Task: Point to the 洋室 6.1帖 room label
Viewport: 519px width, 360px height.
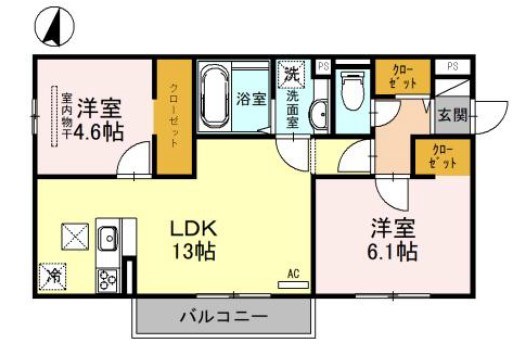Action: tap(391, 238)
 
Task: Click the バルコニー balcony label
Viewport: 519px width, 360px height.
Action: tap(223, 318)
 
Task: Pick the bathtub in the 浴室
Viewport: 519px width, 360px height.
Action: tap(214, 97)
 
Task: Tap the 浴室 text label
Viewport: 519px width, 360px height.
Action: tap(251, 99)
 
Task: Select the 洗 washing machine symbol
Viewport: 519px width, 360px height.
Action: tap(291, 73)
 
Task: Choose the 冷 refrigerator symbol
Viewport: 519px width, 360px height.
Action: tap(51, 272)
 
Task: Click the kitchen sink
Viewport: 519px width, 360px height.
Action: tap(108, 239)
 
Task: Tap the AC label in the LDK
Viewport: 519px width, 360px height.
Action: tap(293, 272)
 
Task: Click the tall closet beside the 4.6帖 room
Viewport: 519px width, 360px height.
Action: tap(174, 117)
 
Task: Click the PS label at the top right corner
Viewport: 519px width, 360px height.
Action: tap(453, 67)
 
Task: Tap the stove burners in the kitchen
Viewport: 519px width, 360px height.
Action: tap(106, 276)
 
